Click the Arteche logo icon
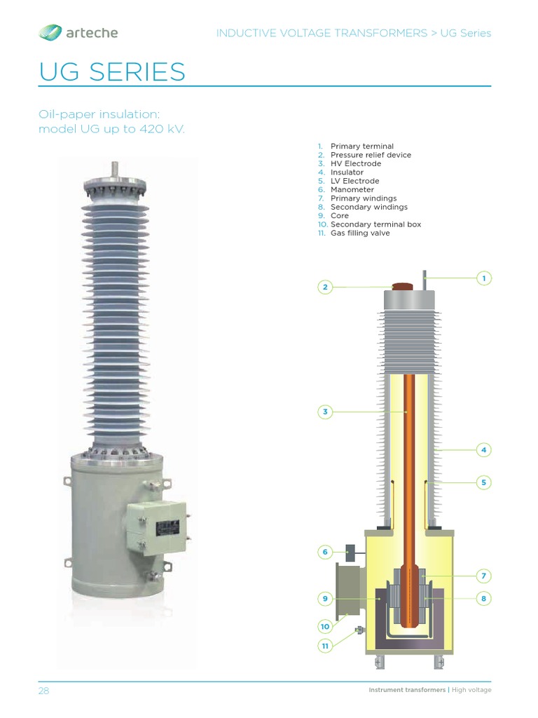[50, 32]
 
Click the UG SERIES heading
[112, 72]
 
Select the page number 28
[43, 691]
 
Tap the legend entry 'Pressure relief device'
[371, 155]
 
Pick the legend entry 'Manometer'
[352, 189]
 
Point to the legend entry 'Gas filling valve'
[360, 233]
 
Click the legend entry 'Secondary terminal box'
[375, 224]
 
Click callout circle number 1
[483, 278]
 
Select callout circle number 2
[325, 287]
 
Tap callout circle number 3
[325, 412]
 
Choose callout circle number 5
[483, 482]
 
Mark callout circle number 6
[325, 553]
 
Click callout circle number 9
[325, 599]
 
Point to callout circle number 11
[325, 646]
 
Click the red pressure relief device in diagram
[403, 287]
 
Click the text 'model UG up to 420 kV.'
[112, 130]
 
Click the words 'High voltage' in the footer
[471, 690]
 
